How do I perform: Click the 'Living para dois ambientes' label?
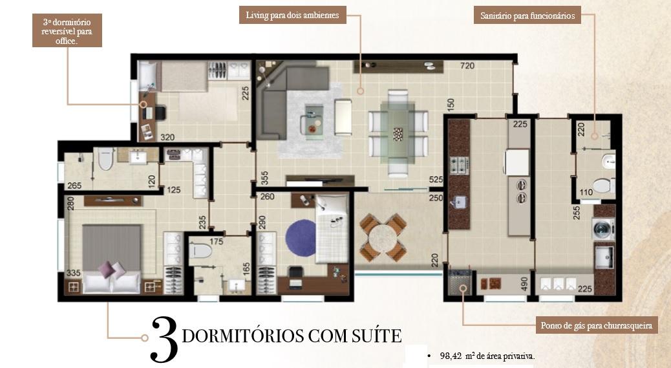pyautogui.click(x=292, y=15)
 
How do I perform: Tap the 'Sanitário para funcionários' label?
pyautogui.click(x=527, y=16)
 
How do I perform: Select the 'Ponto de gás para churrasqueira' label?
pyautogui.click(x=597, y=325)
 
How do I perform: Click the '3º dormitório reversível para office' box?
pyautogui.click(x=67, y=31)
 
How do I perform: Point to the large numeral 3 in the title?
pyautogui.click(x=164, y=340)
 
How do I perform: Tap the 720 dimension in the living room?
pyautogui.click(x=467, y=66)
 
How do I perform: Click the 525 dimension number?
pyautogui.click(x=436, y=180)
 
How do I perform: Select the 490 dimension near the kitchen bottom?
pyautogui.click(x=524, y=284)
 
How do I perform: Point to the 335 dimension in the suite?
pyautogui.click(x=73, y=273)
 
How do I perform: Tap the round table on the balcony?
pyautogui.click(x=383, y=238)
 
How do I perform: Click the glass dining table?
pyautogui.click(x=398, y=133)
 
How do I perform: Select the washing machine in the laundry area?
pyautogui.click(x=603, y=228)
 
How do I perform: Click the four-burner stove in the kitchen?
pyautogui.click(x=459, y=166)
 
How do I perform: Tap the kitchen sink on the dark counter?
pyautogui.click(x=459, y=202)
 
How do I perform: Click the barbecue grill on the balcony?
pyautogui.click(x=460, y=282)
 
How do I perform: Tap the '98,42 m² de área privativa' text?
pyautogui.click(x=487, y=356)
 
